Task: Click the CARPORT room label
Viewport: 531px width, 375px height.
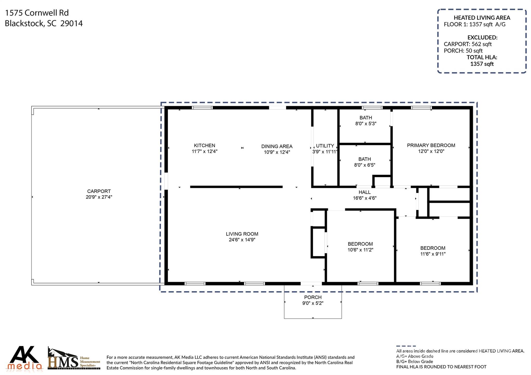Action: tap(99, 191)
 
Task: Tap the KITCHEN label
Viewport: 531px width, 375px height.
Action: tap(205, 146)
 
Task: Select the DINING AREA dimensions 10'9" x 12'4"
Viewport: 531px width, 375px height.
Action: tap(277, 152)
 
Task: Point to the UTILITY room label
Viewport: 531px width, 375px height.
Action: tap(325, 146)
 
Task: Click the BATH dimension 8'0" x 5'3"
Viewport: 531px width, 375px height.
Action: tap(366, 124)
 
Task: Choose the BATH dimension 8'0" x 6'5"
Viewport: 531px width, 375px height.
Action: tap(365, 165)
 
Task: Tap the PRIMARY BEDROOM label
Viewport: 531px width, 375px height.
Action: tap(431, 145)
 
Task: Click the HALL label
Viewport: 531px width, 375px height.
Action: tap(365, 192)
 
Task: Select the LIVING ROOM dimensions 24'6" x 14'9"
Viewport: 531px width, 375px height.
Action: tap(242, 240)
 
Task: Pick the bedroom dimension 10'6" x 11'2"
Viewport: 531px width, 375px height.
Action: tap(360, 250)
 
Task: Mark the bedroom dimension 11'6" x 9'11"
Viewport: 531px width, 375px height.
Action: tap(433, 254)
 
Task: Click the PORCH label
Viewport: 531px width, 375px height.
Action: tap(313, 297)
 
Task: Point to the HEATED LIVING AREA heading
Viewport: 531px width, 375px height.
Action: tap(482, 18)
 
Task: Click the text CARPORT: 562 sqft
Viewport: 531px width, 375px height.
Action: tap(468, 44)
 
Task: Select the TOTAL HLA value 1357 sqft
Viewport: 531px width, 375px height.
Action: tap(482, 64)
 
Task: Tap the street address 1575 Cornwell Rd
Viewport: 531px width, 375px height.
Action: tap(37, 13)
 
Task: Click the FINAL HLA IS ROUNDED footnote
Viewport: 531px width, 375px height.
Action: tap(441, 367)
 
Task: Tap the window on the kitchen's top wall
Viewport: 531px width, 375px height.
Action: tap(202, 108)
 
